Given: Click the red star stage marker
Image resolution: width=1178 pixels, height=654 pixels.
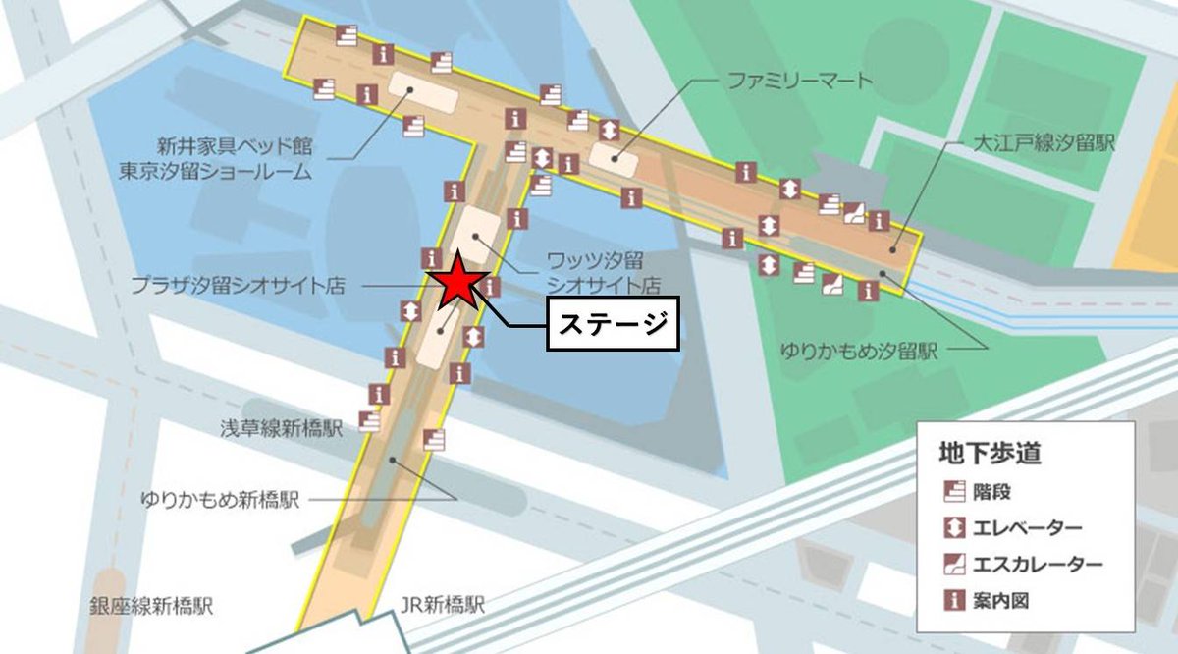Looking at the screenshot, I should [x=457, y=284].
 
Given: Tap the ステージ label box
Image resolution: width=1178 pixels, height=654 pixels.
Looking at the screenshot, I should [x=614, y=324].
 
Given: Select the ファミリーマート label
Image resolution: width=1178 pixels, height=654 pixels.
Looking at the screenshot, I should [x=799, y=81].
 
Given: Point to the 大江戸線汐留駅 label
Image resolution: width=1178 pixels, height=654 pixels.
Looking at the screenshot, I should [x=1042, y=143].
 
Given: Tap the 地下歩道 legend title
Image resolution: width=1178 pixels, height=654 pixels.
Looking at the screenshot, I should [x=990, y=454].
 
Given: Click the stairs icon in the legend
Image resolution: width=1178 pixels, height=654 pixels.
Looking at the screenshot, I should [x=951, y=491].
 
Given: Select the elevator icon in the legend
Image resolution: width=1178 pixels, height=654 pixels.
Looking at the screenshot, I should [x=951, y=527].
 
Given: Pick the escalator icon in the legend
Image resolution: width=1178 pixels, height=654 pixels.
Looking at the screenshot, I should [x=951, y=564].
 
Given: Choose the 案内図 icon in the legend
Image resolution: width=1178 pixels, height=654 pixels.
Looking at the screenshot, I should [x=951, y=599].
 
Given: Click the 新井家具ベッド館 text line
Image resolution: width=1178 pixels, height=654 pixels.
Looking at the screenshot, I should [x=233, y=146].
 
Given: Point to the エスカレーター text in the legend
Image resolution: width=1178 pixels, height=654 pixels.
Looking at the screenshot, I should [x=1036, y=565].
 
